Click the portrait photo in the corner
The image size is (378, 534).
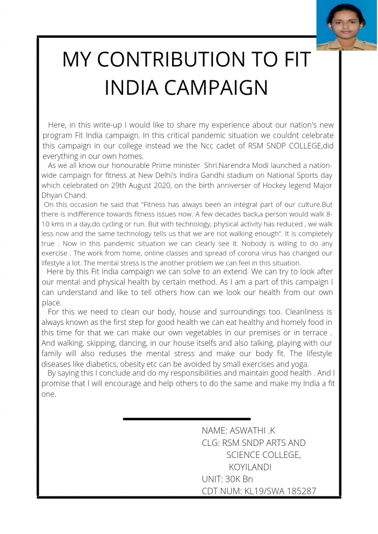pos(347,25)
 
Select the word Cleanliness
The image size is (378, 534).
pos(292,312)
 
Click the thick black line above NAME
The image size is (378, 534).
pos(186,419)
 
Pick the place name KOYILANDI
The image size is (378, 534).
pos(250,467)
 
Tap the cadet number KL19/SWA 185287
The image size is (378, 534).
pos(280,491)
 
